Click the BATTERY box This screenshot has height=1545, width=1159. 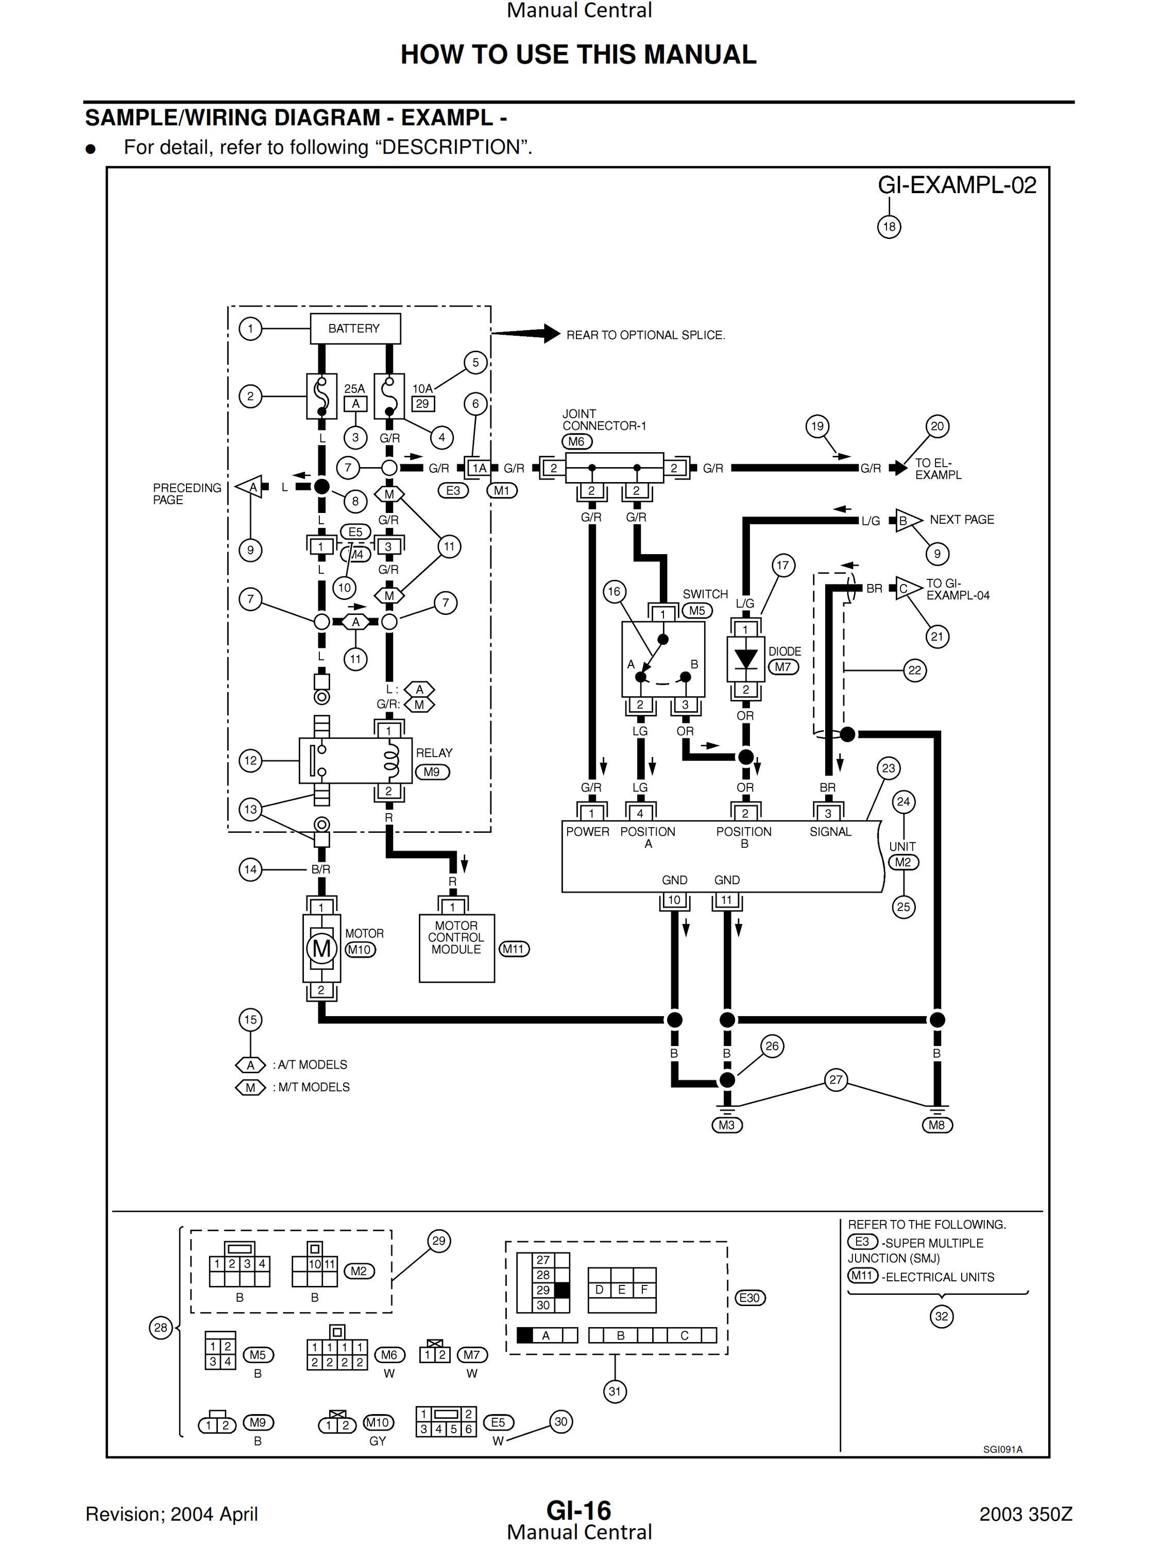point(355,328)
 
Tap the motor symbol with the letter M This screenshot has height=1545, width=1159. point(321,949)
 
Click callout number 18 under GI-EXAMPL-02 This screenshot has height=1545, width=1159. point(889,226)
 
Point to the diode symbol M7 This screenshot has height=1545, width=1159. point(745,659)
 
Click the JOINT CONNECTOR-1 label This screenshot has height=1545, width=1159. point(604,420)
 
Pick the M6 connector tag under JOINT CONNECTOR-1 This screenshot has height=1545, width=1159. point(576,441)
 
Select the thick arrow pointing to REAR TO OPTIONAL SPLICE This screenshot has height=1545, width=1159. point(526,333)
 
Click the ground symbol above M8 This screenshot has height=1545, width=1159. point(937,1108)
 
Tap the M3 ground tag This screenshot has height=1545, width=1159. point(726,1125)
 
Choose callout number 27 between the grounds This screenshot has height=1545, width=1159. point(836,1080)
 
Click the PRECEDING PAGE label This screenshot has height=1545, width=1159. point(186,494)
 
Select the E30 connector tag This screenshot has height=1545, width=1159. point(749,1298)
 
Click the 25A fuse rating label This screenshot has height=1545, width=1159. point(354,388)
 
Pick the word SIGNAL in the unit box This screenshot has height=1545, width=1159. point(830,832)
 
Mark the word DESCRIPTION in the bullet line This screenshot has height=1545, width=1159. point(451,147)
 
